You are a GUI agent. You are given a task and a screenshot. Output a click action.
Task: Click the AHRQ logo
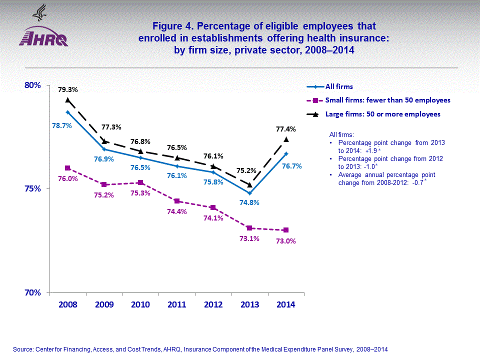tap(43, 39)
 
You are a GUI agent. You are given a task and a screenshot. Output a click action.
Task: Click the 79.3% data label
tap(68, 89)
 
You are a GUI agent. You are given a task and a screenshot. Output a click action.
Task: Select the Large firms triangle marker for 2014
tap(286, 139)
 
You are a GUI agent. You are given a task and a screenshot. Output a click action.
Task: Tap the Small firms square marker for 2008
tap(67, 168)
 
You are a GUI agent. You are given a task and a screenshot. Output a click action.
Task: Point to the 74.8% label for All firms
tap(249, 202)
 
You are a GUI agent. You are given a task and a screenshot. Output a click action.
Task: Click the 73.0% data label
tap(286, 241)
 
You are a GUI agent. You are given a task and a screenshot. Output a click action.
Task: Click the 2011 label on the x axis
tap(177, 304)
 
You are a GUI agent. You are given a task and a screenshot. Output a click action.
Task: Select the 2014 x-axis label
tap(286, 304)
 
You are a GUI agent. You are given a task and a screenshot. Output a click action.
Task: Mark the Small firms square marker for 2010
tap(140, 182)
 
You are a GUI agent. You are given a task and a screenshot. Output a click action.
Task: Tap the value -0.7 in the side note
tap(416, 183)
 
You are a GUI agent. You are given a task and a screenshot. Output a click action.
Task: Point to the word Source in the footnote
tap(22, 349)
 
